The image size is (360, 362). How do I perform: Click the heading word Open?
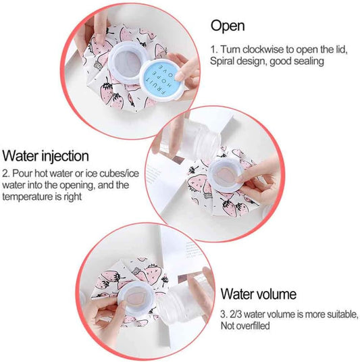click(x=228, y=26)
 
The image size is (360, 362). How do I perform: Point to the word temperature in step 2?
click(x=28, y=197)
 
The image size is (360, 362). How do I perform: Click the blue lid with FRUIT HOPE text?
click(x=161, y=80)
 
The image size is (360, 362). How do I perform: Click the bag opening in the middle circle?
click(x=226, y=175)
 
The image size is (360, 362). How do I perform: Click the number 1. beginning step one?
click(x=213, y=49)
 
